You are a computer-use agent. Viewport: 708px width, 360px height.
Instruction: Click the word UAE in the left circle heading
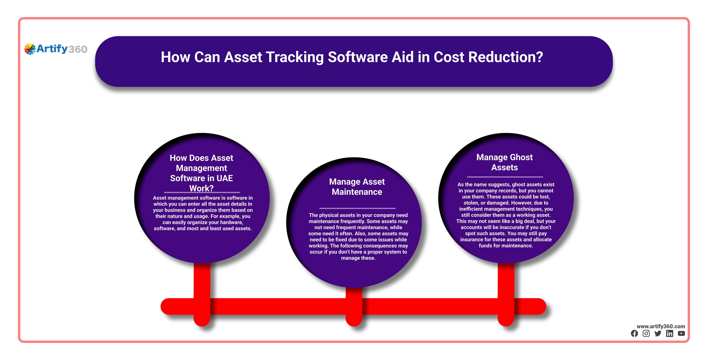(x=225, y=178)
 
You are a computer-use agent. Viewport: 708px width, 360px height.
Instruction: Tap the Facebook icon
(x=634, y=334)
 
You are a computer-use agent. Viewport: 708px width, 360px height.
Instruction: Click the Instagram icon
(x=646, y=334)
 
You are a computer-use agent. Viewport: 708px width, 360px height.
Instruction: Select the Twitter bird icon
(x=658, y=334)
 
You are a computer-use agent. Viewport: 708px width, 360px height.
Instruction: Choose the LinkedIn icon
(x=669, y=334)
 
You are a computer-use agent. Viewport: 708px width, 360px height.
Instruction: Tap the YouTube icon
(x=681, y=334)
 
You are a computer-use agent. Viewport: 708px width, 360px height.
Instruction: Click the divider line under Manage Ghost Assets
(x=505, y=177)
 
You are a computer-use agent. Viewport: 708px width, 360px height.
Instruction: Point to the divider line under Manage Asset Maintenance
(x=357, y=208)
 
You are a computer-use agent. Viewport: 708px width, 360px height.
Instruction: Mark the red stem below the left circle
(x=202, y=294)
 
